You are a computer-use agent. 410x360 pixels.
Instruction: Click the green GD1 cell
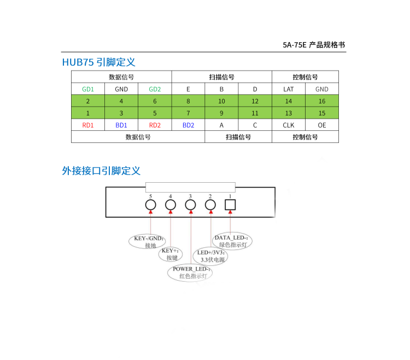pos(88,89)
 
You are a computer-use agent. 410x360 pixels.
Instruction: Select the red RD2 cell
pos(155,125)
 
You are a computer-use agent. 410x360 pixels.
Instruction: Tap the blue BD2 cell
pos(188,125)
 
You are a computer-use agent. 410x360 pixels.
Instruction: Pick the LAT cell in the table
pos(289,89)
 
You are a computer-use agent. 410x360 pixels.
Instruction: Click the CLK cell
pos(289,125)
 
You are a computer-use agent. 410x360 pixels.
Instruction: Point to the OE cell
pos(322,125)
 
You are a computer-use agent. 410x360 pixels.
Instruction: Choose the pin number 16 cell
pos(322,101)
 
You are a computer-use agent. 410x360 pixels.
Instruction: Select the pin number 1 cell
pos(88,113)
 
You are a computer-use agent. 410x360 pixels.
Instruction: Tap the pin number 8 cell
pos(188,101)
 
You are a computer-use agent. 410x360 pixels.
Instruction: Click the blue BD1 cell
pos(121,125)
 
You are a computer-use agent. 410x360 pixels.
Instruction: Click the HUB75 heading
pos(98,62)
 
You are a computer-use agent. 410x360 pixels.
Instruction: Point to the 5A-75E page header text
pos(314,45)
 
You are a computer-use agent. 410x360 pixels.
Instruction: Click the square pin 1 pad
pos(230,205)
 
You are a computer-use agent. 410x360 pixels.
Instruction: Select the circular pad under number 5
pos(150,205)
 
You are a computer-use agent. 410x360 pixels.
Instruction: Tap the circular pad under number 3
pos(190,205)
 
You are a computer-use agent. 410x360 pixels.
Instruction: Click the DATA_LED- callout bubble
pos(231,241)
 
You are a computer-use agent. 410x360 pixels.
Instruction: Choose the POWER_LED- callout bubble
pos(190,272)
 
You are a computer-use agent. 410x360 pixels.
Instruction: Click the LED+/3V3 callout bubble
pos(210,256)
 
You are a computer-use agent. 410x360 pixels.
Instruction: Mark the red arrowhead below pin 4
pos(171,212)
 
